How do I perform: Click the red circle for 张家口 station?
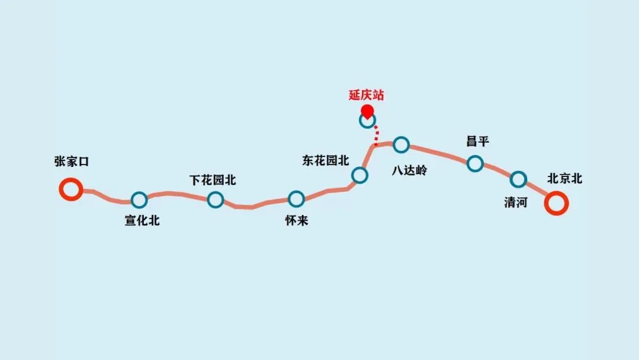[70, 189]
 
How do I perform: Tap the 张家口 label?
[71, 162]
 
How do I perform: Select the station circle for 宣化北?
[139, 200]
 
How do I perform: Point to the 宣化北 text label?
[142, 221]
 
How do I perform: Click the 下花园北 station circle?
[215, 200]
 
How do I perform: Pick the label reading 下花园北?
[212, 180]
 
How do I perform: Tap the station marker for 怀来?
[296, 199]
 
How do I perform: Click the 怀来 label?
[296, 221]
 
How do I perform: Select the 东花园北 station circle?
[360, 175]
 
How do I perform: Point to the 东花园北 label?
[326, 160]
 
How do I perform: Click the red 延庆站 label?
[366, 95]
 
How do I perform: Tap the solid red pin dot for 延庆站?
[367, 110]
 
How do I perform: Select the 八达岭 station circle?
[401, 144]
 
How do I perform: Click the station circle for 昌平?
[475, 163]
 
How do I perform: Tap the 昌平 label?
[477, 142]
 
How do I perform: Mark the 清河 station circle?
[518, 179]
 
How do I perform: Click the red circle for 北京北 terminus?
[556, 203]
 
